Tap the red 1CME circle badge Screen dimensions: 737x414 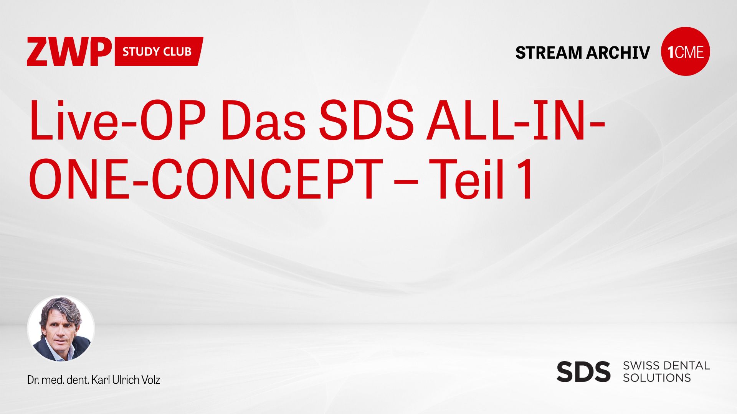[x=686, y=51]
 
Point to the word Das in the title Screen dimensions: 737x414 [x=263, y=121]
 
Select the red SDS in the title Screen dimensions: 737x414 [x=367, y=121]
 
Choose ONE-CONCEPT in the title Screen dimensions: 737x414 [x=206, y=179]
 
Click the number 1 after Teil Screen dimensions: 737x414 [x=524, y=179]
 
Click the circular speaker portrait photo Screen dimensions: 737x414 [x=61, y=329]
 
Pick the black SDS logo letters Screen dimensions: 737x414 [x=583, y=371]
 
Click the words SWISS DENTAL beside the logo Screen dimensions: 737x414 [x=666, y=365]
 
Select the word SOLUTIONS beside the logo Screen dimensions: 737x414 [x=657, y=378]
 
